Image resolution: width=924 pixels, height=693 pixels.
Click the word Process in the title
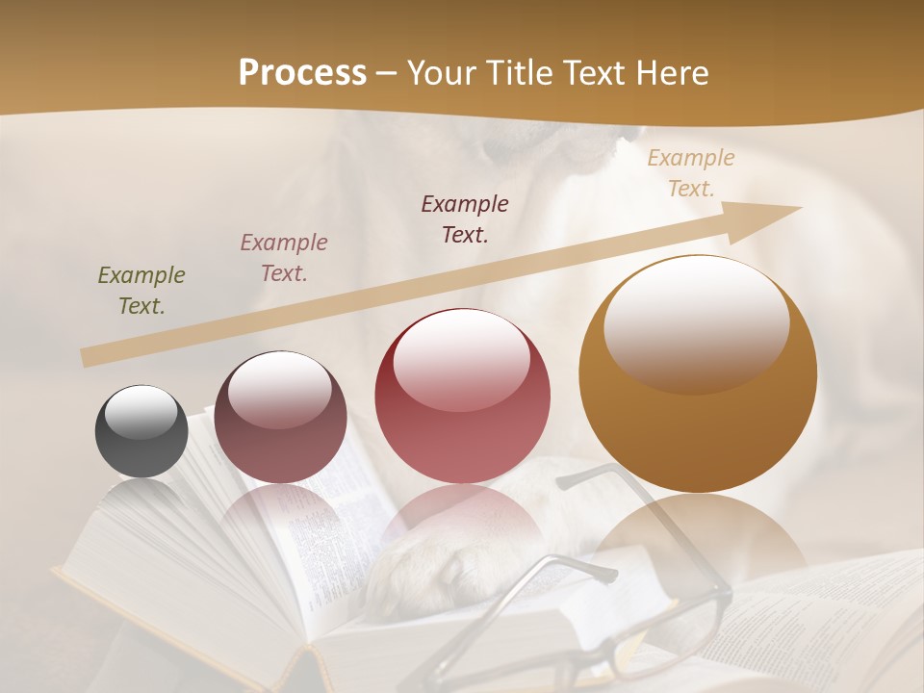[x=302, y=73]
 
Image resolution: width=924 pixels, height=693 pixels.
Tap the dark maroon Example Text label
[x=465, y=218]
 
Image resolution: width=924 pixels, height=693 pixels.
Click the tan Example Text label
[x=691, y=173]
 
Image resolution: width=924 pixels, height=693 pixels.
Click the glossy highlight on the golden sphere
[x=696, y=322]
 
